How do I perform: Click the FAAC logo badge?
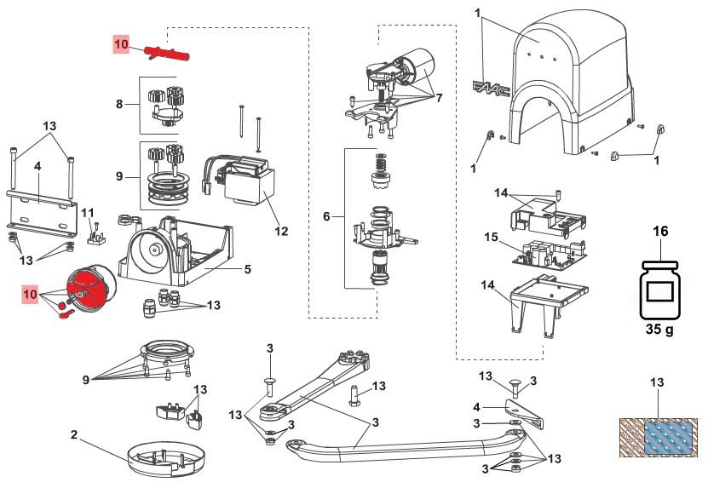[492, 89]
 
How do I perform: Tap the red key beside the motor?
[66, 314]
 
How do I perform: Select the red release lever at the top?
[166, 55]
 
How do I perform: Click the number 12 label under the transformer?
[281, 231]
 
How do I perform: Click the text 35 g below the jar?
[659, 329]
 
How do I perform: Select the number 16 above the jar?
[660, 231]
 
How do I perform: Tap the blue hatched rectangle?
[667, 438]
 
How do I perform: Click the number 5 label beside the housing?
[247, 269]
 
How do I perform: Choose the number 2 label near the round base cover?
[74, 434]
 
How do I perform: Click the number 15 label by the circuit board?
[491, 237]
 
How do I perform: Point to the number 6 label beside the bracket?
[326, 216]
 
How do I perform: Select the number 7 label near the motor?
[439, 97]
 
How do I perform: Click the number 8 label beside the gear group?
[119, 104]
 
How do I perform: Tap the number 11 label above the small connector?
[88, 213]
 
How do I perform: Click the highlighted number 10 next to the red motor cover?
[31, 295]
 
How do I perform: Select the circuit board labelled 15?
[550, 255]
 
